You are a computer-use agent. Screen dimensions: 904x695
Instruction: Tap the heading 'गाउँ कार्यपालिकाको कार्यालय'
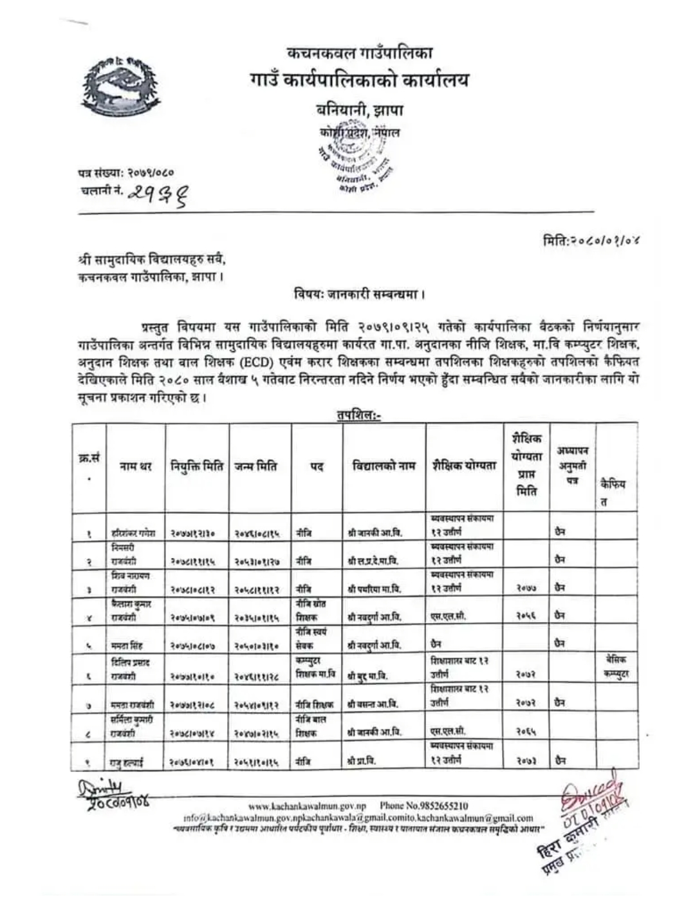click(x=359, y=80)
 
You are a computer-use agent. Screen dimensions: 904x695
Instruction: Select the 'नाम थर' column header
click(x=135, y=467)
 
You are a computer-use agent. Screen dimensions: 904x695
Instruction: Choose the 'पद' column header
click(x=317, y=467)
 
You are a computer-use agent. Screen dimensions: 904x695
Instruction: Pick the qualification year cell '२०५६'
click(x=524, y=616)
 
